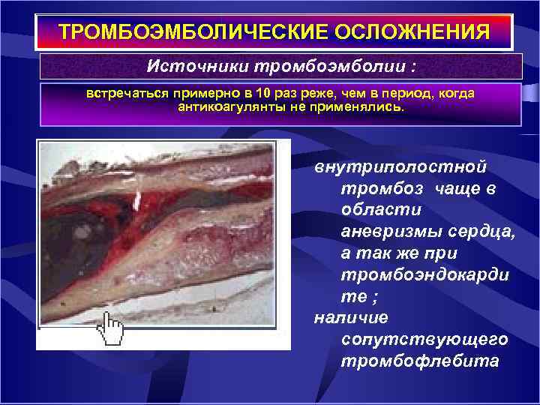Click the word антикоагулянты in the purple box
(226, 107)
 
